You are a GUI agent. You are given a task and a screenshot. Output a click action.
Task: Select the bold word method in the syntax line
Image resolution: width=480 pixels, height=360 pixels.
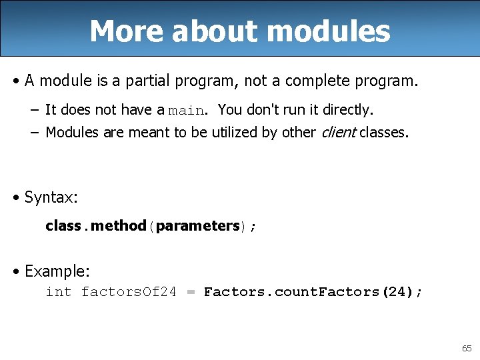pyautogui.click(x=119, y=226)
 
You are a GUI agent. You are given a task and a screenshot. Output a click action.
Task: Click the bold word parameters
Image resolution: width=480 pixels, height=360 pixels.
pyautogui.click(x=197, y=226)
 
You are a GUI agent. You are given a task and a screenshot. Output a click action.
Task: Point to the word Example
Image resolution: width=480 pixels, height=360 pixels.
pyautogui.click(x=57, y=271)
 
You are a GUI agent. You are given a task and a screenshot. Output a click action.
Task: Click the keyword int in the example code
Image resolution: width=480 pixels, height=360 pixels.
pyautogui.click(x=58, y=292)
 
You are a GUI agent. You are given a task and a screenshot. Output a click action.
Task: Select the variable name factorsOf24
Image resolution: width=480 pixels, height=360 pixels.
pyautogui.click(x=129, y=292)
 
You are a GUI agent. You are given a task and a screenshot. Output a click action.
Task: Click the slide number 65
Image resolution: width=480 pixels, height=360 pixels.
pyautogui.click(x=466, y=349)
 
